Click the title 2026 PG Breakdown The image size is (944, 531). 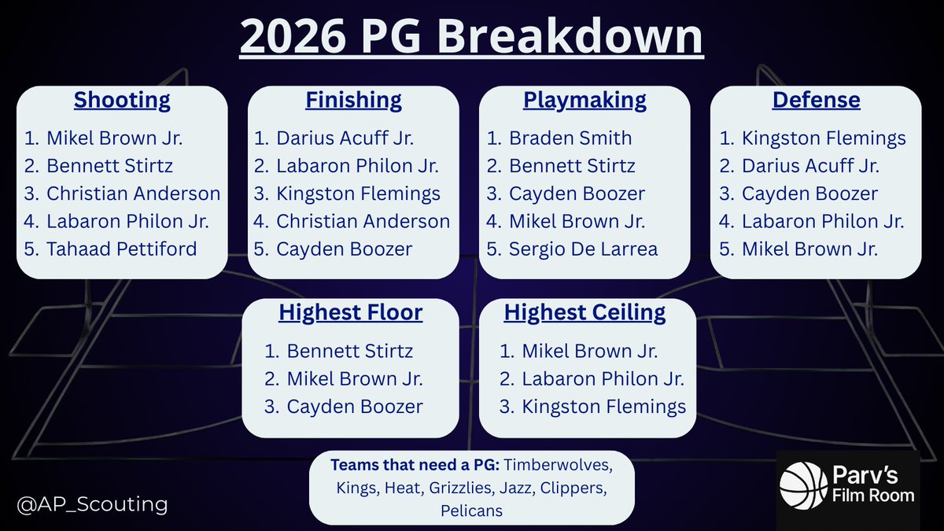pyautogui.click(x=471, y=38)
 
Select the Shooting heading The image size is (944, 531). pyautogui.click(x=122, y=101)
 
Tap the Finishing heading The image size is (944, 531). pyautogui.click(x=353, y=101)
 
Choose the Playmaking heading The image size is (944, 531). pyautogui.click(x=584, y=101)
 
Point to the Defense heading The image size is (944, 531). pyautogui.click(x=816, y=101)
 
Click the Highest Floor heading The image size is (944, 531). pyautogui.click(x=350, y=312)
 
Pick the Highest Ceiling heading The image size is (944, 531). pyautogui.click(x=584, y=312)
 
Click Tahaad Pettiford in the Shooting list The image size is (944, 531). pyautogui.click(x=121, y=249)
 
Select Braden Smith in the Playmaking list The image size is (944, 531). pyautogui.click(x=570, y=138)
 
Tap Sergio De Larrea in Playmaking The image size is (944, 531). pyautogui.click(x=583, y=249)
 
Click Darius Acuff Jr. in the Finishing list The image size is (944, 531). pyautogui.click(x=345, y=138)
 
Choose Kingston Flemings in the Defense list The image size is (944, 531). pyautogui.click(x=823, y=138)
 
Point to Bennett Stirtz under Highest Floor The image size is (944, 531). pyautogui.click(x=349, y=351)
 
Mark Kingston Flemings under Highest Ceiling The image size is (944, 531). pyautogui.click(x=603, y=406)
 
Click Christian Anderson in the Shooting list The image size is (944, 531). pyautogui.click(x=133, y=194)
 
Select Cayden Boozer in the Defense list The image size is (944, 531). pyautogui.click(x=809, y=194)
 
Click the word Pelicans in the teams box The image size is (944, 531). pyautogui.click(x=471, y=511)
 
